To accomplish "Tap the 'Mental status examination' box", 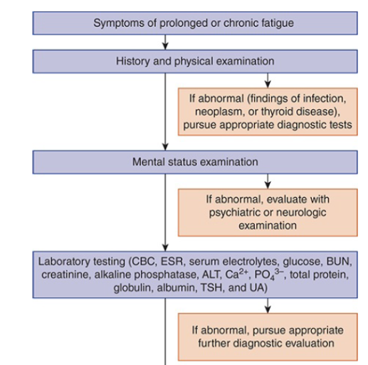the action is pos(195,162).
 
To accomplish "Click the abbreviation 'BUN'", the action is pos(339,262).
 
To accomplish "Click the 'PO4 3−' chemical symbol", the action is pos(269,274).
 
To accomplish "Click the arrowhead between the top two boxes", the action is pos(165,46).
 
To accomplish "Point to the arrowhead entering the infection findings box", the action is pos(268,84).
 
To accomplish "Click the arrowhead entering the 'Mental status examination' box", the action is pos(165,147).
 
